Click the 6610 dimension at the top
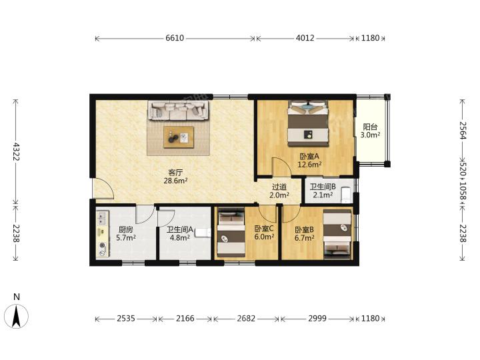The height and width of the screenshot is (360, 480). click(x=175, y=38)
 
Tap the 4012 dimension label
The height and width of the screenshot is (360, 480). click(x=305, y=38)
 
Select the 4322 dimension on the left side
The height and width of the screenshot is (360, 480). click(x=16, y=152)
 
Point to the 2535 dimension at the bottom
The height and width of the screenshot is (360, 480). click(x=126, y=319)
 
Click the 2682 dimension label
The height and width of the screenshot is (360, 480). click(x=246, y=319)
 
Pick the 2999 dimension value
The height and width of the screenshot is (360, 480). click(x=317, y=319)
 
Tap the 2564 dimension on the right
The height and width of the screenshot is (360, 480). click(x=462, y=131)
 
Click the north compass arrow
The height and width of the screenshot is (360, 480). click(x=16, y=316)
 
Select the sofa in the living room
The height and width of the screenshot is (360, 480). click(x=179, y=111)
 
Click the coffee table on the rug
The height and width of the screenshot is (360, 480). click(x=179, y=137)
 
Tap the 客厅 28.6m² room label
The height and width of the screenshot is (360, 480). click(x=175, y=176)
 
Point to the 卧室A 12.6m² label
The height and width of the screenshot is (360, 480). click(x=309, y=160)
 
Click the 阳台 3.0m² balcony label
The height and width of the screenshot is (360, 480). click(x=370, y=131)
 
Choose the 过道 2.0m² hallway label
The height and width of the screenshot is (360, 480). click(x=279, y=191)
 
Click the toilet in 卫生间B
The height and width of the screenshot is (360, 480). click(x=346, y=195)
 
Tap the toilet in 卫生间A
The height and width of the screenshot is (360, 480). click(x=203, y=233)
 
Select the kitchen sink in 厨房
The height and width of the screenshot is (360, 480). click(x=102, y=217)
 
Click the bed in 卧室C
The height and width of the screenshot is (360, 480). click(x=231, y=233)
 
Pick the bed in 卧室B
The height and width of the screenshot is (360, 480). click(x=337, y=234)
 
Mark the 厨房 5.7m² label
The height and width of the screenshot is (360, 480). click(x=126, y=233)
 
